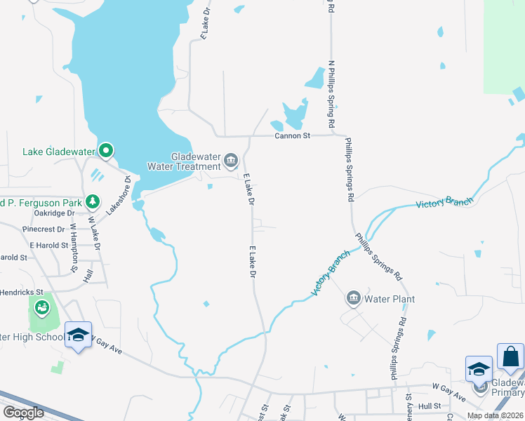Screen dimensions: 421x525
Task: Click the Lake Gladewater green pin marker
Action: pos(106,150)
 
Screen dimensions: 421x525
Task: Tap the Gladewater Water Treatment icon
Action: pos(230,162)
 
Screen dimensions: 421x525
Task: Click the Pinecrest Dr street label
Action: pos(44,229)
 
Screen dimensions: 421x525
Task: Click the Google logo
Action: pos(24,413)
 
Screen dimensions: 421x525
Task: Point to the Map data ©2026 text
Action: pos(495,416)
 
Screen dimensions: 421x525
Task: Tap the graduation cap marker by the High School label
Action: pos(79,335)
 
